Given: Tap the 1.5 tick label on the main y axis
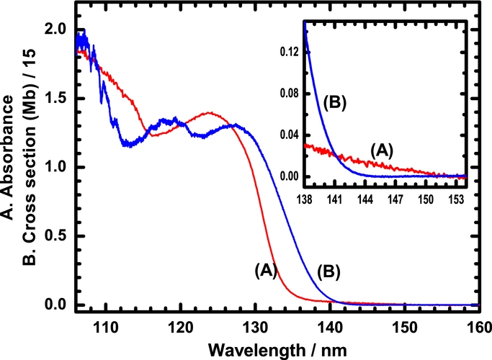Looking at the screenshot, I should tap(58, 99).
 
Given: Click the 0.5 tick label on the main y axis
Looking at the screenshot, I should tap(58, 236).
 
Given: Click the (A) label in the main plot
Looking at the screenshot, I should tap(266, 271).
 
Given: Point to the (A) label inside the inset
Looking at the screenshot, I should tap(383, 149).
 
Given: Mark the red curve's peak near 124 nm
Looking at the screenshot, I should tap(210, 112).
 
